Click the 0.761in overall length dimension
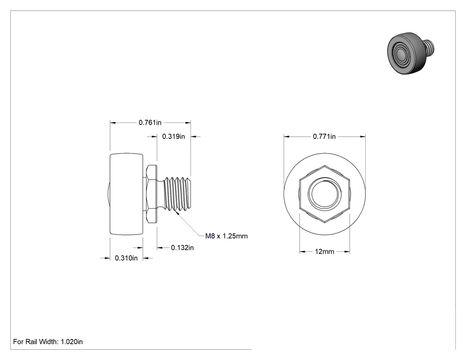point(150,123)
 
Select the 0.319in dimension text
point(174,136)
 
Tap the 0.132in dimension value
point(182,248)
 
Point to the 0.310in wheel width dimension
point(126,258)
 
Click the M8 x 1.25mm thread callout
point(226,236)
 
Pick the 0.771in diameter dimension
point(324,136)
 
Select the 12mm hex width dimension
point(324,252)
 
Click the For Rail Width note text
point(48,342)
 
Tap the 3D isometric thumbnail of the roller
point(411,53)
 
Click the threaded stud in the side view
point(177,194)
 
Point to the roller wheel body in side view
point(126,194)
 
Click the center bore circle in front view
point(324,194)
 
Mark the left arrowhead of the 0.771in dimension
point(287,136)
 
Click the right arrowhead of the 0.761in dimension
point(188,123)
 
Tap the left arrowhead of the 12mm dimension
point(302,252)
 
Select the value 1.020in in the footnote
point(72,342)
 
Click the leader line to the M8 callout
point(190,224)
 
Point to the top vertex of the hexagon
point(324,166)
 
